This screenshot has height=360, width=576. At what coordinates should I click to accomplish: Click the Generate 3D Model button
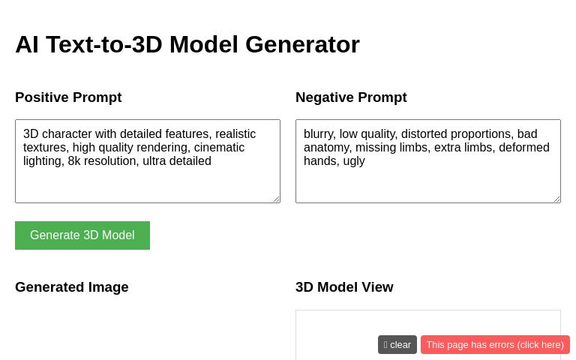tap(82, 235)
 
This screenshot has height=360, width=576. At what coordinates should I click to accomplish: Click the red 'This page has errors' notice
tap(495, 344)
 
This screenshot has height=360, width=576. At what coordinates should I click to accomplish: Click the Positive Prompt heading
tap(68, 97)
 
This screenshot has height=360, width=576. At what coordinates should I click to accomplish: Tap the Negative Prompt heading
tap(351, 97)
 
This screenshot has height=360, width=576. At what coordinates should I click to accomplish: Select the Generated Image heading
tap(72, 286)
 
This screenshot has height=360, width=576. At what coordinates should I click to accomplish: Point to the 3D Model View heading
tap(344, 286)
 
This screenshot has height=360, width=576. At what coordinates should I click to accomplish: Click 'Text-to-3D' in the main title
tap(104, 44)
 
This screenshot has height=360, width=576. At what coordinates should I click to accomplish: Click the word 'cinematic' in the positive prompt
tap(219, 148)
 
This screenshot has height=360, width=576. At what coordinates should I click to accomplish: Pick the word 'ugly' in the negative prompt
tap(353, 161)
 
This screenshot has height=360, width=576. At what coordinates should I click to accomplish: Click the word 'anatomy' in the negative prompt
tap(327, 148)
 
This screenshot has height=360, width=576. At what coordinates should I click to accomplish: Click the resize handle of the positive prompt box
tap(276, 199)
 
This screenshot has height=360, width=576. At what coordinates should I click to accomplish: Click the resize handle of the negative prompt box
tap(556, 199)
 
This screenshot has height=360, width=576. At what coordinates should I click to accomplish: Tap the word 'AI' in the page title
tap(27, 44)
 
